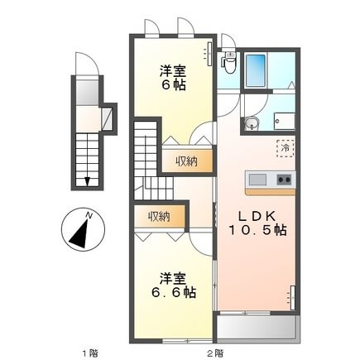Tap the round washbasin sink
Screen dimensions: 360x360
[252, 124]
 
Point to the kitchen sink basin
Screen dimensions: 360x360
[256, 180]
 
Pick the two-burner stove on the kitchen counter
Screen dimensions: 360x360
[283, 180]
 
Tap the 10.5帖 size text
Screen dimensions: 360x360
[258, 231]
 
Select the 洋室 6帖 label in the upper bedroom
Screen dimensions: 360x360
[175, 79]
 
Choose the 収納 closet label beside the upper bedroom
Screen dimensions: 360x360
[185, 161]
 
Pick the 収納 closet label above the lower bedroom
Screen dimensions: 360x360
[159, 217]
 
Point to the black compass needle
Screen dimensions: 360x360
[80, 233]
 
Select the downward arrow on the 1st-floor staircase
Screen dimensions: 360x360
[87, 176]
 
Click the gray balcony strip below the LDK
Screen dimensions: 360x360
[257, 329]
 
